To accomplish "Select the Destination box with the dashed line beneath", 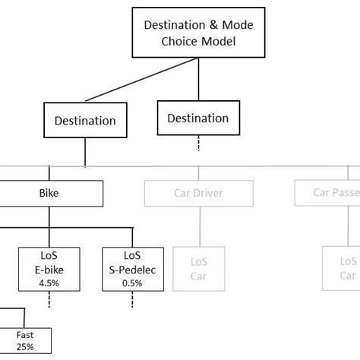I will coord(197,118).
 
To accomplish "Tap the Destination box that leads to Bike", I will coord(85,120).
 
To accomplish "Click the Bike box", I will coord(50,193).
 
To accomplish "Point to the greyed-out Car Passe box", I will coord(327,193).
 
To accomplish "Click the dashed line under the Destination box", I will coord(197,143).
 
